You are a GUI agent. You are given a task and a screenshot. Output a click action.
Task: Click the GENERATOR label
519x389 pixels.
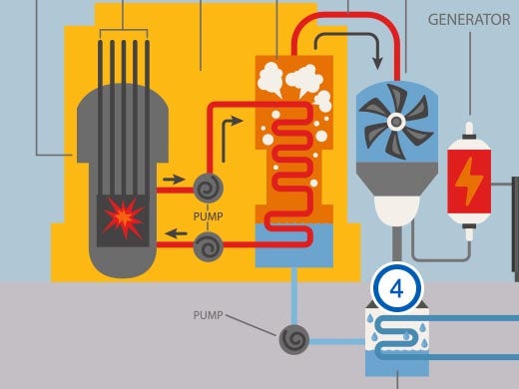click(x=468, y=20)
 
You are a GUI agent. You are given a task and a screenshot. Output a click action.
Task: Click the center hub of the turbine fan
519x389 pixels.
click(x=396, y=123)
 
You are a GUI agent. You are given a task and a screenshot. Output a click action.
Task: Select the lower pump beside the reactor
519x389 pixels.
click(x=209, y=245)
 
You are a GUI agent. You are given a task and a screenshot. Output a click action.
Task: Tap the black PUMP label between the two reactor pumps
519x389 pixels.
click(x=210, y=215)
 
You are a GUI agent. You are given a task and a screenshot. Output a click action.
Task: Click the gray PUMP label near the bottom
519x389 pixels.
click(x=209, y=315)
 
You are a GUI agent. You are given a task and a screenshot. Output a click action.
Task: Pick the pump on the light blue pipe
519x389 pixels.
click(x=293, y=340)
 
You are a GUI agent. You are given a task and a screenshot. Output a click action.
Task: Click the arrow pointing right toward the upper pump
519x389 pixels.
click(x=174, y=181)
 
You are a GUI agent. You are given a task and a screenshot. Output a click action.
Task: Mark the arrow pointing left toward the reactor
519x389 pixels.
click(x=177, y=236)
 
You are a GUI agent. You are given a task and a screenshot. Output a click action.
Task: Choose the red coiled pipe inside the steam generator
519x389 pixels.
click(x=293, y=170)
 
